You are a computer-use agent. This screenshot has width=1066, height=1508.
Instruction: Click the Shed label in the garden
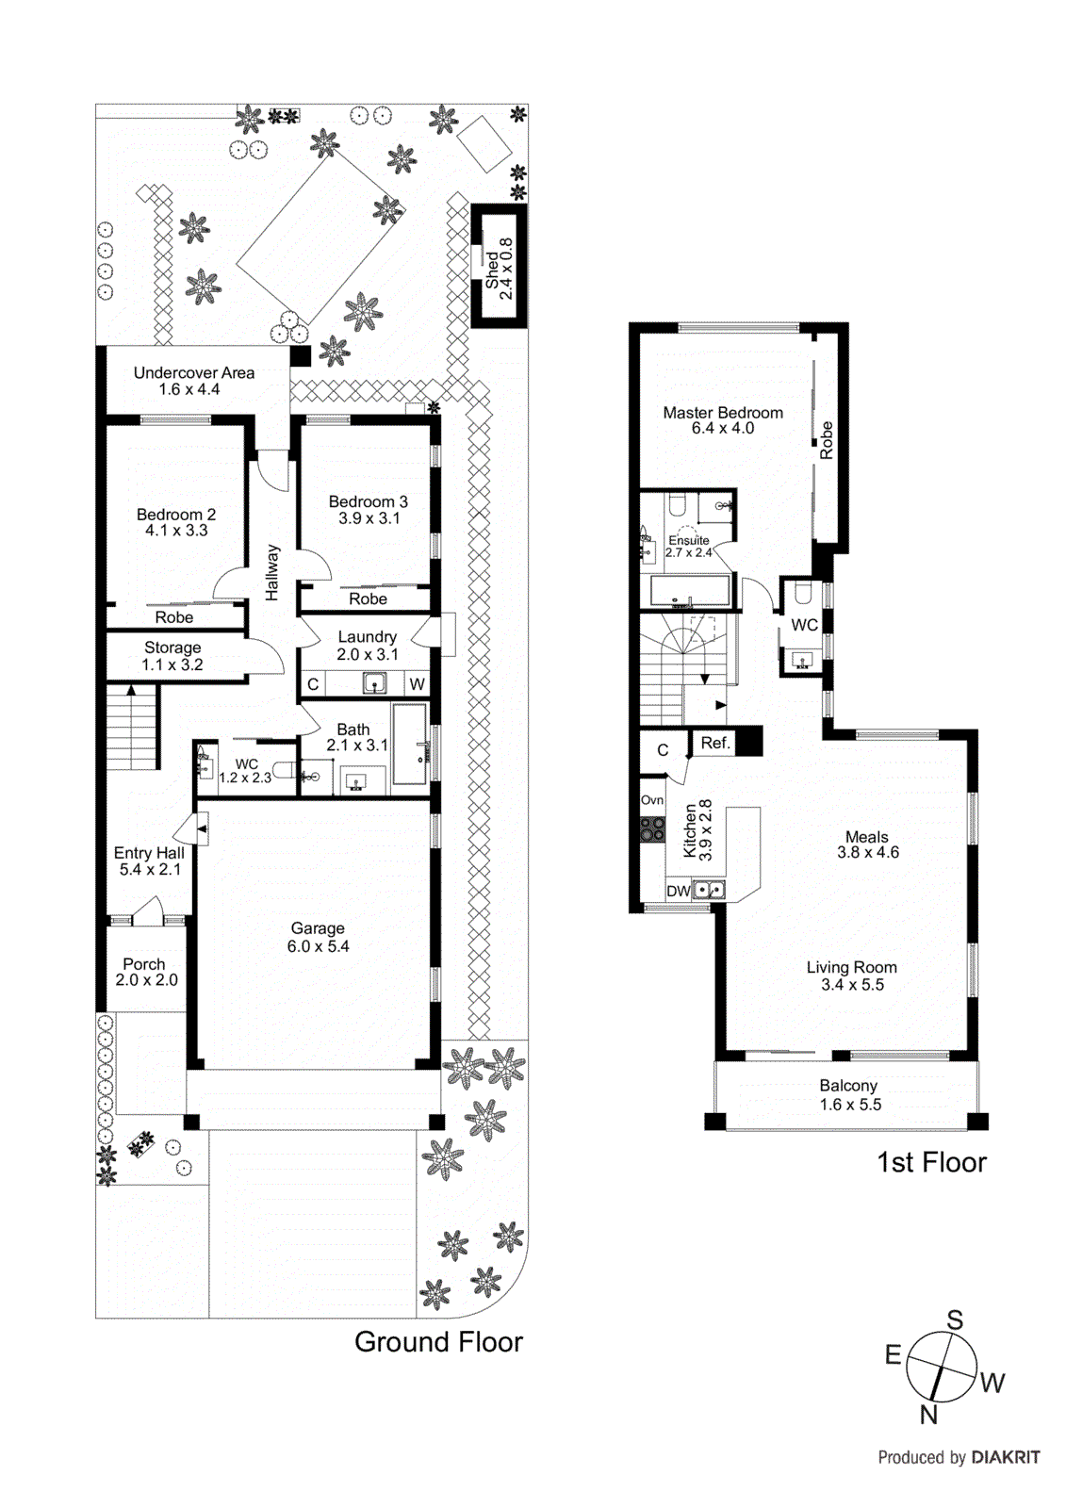coord(492,270)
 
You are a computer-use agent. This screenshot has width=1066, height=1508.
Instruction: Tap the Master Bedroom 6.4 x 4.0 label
coord(723,420)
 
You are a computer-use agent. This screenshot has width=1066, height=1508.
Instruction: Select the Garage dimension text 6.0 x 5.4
coord(319,946)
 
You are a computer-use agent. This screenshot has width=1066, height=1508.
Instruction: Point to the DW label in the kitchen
coord(678,891)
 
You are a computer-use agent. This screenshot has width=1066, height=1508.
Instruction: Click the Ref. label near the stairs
coord(715,743)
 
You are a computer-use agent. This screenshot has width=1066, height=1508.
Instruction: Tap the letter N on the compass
coord(928,1414)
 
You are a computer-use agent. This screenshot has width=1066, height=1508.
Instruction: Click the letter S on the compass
coord(955,1319)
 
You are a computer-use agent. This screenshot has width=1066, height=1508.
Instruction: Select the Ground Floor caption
coord(438,1342)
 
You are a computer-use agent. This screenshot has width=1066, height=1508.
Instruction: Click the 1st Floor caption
coord(931,1163)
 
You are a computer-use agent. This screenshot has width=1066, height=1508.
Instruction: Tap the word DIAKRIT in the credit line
coord(1005,1457)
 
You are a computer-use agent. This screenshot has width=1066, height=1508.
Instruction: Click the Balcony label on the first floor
coord(848,1086)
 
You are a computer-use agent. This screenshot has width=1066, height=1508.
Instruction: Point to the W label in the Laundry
coord(417,684)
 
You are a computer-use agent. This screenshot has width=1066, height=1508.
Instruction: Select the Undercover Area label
coord(193,373)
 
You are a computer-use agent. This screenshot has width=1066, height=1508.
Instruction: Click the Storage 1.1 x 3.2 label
coord(172,656)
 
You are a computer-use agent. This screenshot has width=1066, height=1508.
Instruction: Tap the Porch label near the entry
coord(144,964)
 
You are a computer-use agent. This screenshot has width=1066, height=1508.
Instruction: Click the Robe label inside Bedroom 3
coord(368,599)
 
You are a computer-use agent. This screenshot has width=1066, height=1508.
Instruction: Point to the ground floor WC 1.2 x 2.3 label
coord(246,771)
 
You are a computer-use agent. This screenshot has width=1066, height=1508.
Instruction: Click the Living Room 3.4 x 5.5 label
coord(852,975)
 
